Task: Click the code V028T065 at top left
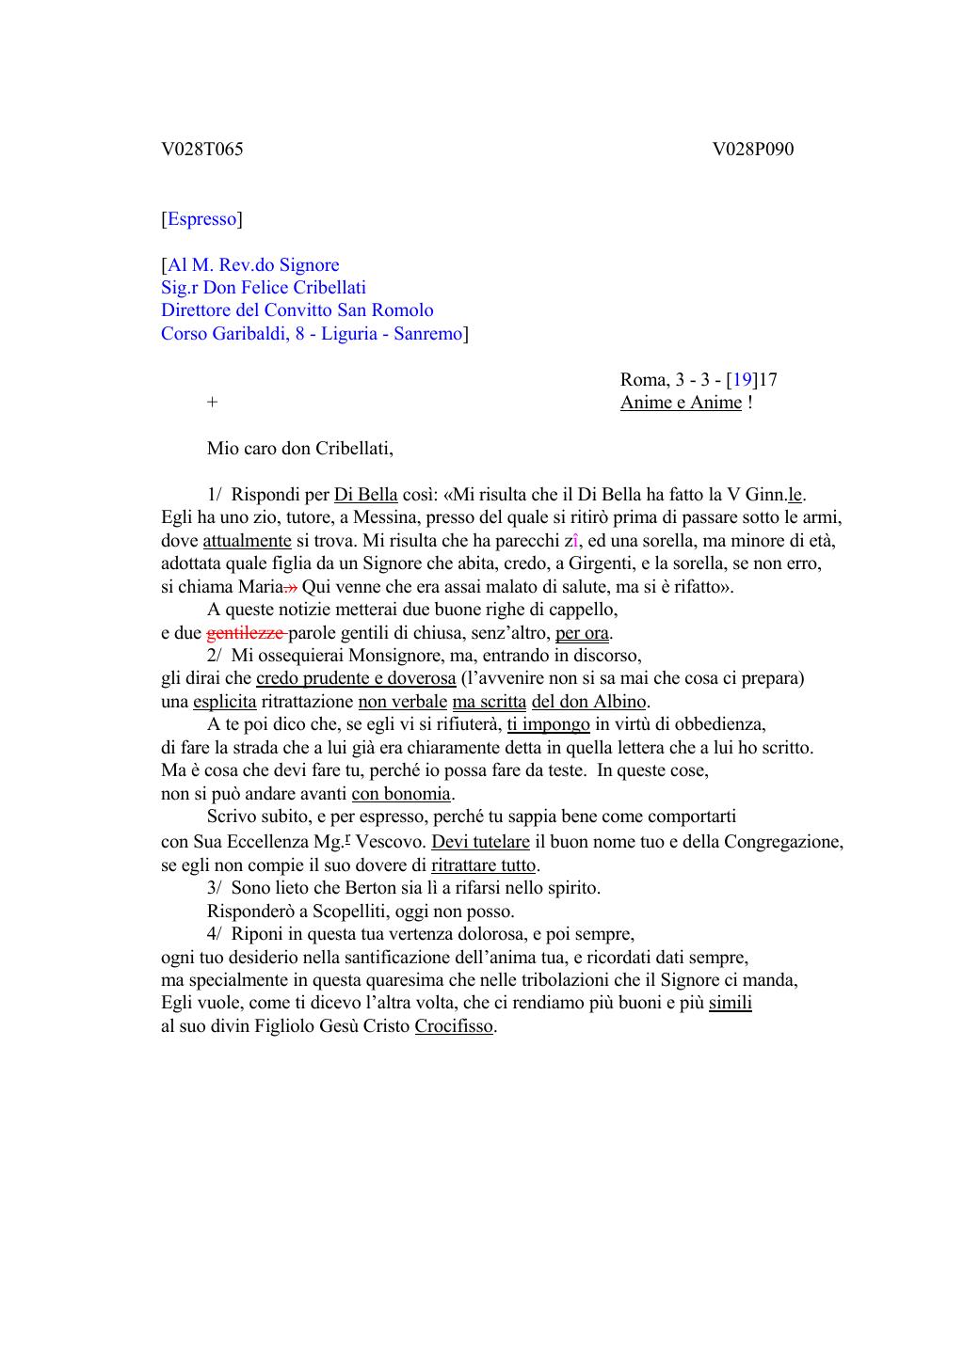click(201, 150)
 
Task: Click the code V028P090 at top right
click(753, 150)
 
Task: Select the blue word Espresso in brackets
click(201, 219)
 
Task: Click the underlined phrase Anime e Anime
click(681, 403)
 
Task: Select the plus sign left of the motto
click(213, 403)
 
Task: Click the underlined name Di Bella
click(365, 495)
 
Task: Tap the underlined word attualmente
click(247, 541)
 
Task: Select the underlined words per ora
click(582, 633)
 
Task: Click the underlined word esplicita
click(224, 702)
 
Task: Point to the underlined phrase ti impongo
click(548, 724)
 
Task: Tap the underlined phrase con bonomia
click(401, 793)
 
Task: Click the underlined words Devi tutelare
click(480, 842)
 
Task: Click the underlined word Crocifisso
click(454, 1026)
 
